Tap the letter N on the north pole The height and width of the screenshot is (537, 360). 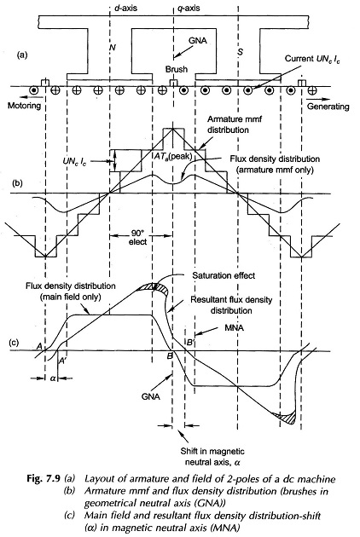point(112,47)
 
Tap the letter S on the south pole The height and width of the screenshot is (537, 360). point(241,52)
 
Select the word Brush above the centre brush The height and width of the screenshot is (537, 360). point(177,69)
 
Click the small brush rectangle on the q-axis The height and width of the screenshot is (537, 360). point(173,83)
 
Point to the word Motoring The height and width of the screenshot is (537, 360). point(24,105)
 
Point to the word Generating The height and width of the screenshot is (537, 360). point(328,107)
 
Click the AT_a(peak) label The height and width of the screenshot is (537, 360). point(173,156)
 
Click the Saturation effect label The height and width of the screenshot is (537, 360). point(224,275)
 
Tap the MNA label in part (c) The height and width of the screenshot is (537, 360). point(234,328)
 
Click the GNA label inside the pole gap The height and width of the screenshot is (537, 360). point(197,40)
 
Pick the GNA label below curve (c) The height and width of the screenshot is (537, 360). point(150,396)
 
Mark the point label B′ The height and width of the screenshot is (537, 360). point(190,342)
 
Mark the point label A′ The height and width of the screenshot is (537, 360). point(62,361)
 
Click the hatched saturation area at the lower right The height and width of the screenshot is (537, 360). point(287,417)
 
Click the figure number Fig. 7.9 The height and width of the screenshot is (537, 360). point(44,478)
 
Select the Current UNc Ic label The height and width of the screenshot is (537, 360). point(313,59)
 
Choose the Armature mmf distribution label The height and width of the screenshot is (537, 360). point(228,124)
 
